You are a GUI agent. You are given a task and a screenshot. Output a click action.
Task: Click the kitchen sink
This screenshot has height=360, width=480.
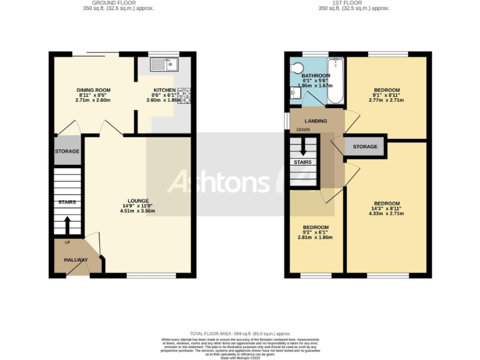164,64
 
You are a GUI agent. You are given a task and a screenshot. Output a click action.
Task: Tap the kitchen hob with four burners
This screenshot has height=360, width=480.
184,96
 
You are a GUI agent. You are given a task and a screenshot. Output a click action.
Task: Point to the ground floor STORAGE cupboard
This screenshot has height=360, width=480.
67,151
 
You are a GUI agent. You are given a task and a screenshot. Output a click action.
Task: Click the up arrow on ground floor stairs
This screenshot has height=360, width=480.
67,223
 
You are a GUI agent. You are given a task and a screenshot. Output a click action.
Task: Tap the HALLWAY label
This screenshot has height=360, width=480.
74,260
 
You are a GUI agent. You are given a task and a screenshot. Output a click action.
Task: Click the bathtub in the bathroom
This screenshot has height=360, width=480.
336,80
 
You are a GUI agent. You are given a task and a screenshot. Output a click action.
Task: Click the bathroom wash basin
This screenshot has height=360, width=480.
294,94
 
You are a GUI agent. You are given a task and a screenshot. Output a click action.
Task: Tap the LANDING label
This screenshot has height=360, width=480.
316,121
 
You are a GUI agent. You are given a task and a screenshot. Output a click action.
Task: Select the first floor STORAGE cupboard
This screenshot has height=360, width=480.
365,147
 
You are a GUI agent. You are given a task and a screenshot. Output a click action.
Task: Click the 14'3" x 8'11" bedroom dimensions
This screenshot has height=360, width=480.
386,214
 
